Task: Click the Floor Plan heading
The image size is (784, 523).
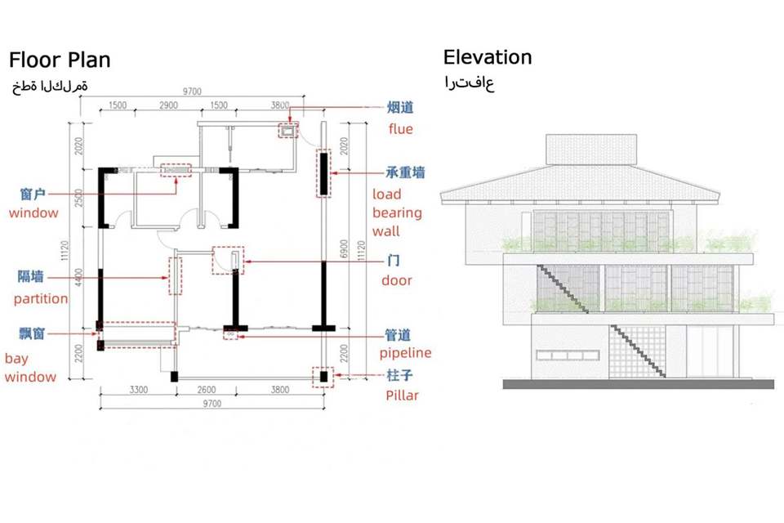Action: point(60,60)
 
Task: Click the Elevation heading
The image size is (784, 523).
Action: point(487,57)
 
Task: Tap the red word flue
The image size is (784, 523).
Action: point(401,129)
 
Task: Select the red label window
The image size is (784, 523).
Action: point(33,213)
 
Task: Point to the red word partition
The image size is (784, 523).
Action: point(41,298)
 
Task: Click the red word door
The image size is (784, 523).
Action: point(397,280)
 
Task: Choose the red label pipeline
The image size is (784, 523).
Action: point(405,353)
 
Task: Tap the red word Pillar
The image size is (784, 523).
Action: point(402,396)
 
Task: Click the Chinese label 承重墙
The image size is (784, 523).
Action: point(405,173)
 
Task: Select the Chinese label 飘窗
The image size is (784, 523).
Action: point(32,334)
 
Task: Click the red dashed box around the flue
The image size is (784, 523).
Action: point(288,129)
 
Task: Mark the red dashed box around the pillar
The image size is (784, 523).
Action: point(323,377)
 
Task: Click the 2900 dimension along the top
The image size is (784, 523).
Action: point(169,106)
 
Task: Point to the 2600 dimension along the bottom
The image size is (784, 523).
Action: point(207,390)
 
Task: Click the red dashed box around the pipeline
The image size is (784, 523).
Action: point(230,334)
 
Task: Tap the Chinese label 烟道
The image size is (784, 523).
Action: point(399,107)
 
